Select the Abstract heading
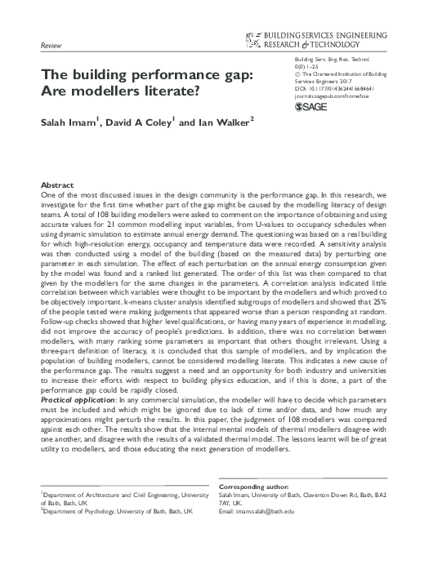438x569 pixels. tap(57, 186)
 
